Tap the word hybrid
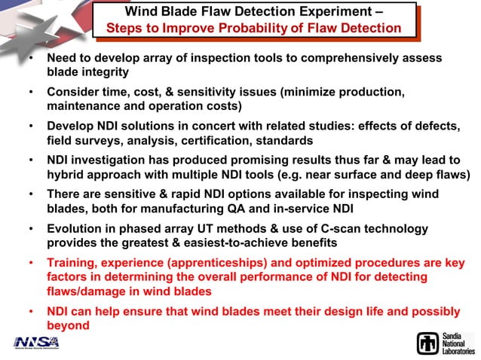point(66,175)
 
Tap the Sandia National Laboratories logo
point(446,343)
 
